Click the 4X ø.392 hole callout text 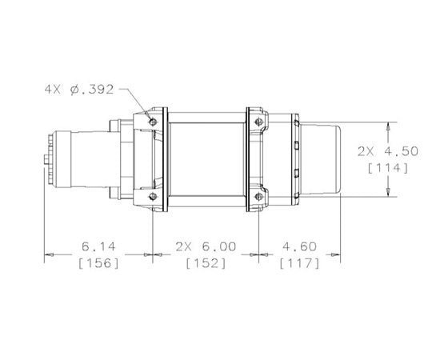click(79, 90)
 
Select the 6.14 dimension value click(98, 246)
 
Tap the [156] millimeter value click(98, 263)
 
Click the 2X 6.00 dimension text click(206, 246)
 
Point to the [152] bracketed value click(206, 263)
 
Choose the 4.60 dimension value click(299, 246)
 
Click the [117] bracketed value click(299, 263)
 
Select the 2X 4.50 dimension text click(388, 151)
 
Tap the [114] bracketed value click(388, 168)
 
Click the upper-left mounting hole click(153, 122)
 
